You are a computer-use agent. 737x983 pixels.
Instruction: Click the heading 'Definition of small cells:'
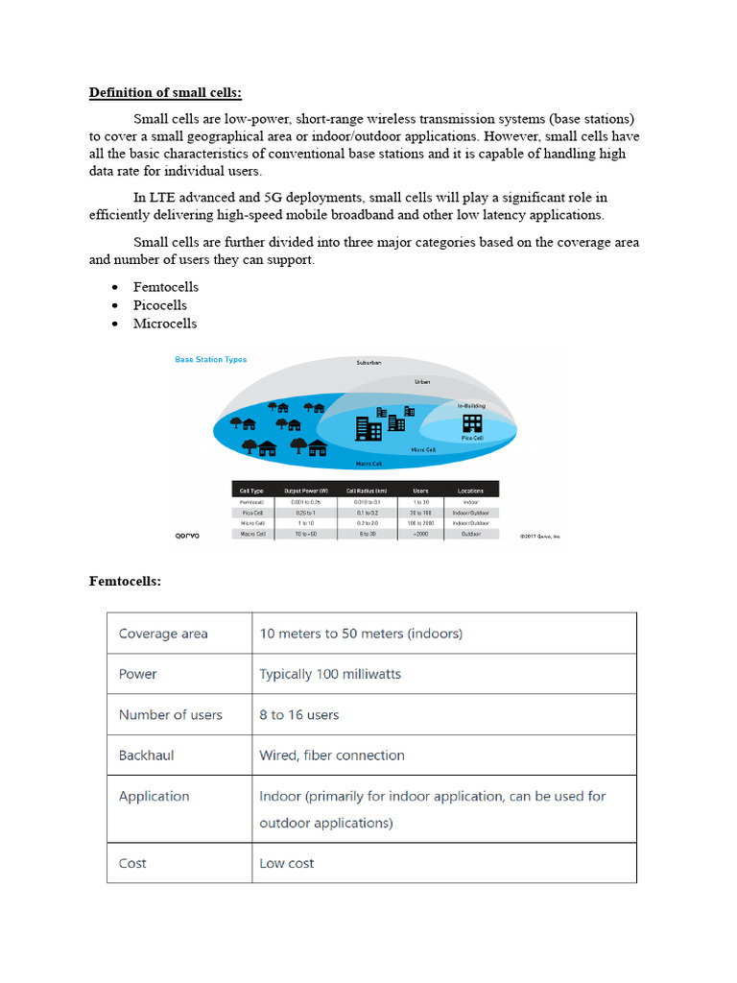coord(166,93)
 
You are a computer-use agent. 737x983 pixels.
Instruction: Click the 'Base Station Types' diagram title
coord(210,360)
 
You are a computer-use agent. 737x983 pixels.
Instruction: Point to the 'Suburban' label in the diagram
coord(368,363)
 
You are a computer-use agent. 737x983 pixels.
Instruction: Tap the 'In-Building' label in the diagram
coord(471,405)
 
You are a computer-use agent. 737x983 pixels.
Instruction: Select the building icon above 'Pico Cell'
coord(472,422)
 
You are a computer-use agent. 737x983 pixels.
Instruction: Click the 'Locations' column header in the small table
coord(470,491)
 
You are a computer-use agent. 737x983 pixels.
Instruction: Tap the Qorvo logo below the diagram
coord(188,535)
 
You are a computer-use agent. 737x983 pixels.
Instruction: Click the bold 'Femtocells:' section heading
coord(125,581)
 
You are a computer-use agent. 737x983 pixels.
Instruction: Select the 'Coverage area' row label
coord(163,634)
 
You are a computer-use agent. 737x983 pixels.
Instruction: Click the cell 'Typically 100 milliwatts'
coord(330,674)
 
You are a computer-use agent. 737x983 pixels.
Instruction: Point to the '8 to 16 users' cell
coord(298,714)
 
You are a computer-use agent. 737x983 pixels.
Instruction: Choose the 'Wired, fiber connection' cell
coord(332,755)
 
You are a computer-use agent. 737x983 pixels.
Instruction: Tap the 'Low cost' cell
coord(287,863)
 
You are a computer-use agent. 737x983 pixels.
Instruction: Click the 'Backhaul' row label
coord(146,755)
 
